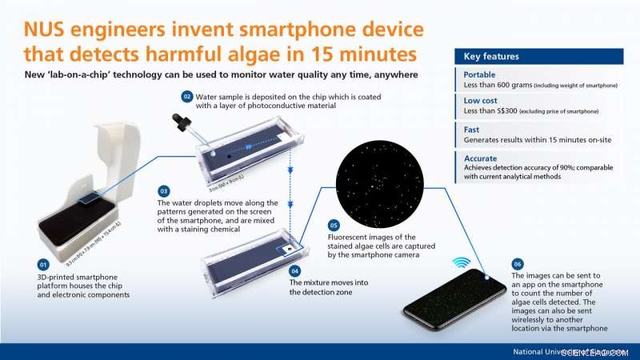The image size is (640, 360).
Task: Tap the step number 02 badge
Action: pos(187,97)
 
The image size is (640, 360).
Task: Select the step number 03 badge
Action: pos(163,191)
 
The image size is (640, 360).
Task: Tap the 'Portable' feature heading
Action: pos(480,74)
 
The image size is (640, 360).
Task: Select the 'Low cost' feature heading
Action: pos(482,102)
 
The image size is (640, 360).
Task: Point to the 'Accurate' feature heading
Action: pos(482,158)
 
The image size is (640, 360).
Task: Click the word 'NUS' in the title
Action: pos(50,31)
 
